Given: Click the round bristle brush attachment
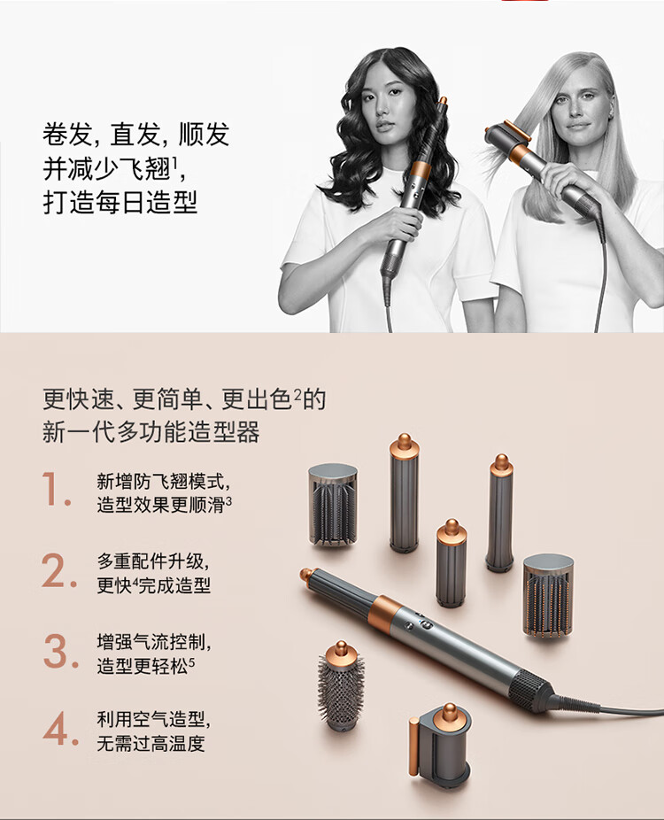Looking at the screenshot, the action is pos(341,686).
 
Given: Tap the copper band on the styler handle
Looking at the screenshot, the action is pos(385,613).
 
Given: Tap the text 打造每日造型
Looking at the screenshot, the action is pos(120,203).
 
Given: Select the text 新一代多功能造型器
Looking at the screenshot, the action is pos(151,432).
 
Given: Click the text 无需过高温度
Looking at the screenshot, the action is pos(151,743).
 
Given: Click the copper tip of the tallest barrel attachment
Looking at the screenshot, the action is pos(404,445).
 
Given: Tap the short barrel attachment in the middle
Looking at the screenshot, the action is pos(452,563).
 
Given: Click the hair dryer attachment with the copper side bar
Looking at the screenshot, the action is pos(440,743).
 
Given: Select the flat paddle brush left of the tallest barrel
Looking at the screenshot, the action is pos(333,504).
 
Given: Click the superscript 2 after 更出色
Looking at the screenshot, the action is pos(297,394).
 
